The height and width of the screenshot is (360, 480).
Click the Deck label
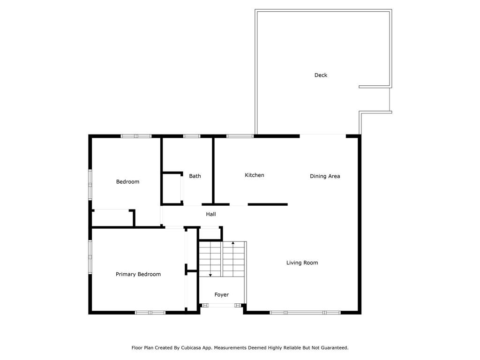coord(321,75)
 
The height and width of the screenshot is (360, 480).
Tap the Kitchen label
coord(255,175)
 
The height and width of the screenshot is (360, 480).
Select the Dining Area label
coord(325,176)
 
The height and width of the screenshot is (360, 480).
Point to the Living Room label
coord(302,262)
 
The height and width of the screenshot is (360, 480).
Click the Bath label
coord(195,176)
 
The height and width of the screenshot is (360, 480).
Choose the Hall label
coord(211,214)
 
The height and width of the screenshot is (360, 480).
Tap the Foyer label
coord(222,295)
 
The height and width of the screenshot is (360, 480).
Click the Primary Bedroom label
coord(138,274)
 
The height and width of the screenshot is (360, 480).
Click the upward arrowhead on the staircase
coord(233,243)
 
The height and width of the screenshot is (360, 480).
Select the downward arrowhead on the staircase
coord(210,275)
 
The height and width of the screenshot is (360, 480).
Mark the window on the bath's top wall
coord(192,136)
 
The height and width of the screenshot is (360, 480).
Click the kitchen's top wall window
coord(240,136)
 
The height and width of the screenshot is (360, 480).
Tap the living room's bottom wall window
coord(305,313)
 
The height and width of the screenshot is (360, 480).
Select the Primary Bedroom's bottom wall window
coord(150,313)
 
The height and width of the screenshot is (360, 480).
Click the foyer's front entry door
coord(222,305)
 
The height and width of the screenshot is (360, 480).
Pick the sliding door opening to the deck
coord(322,135)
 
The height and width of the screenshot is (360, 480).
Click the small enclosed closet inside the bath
coord(172,188)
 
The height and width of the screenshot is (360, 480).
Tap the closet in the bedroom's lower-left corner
coord(112,218)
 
